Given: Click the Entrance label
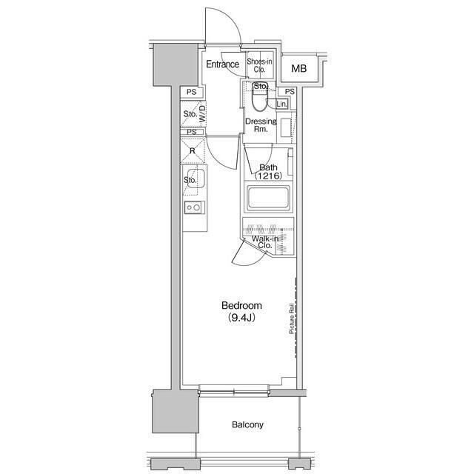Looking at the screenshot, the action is click(x=222, y=64).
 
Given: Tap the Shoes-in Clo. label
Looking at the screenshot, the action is click(x=259, y=65).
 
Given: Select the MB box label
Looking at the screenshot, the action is click(x=298, y=69).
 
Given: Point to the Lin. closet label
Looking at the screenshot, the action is click(x=281, y=104).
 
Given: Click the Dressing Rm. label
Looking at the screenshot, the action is click(x=261, y=125).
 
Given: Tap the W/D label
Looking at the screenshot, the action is click(x=202, y=114).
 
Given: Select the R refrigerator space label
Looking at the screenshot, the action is click(x=193, y=150).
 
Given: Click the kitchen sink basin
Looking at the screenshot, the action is click(x=196, y=178).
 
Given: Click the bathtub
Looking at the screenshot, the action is click(x=268, y=198).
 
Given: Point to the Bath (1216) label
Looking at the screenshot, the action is click(x=268, y=171).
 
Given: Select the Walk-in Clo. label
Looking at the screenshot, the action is click(x=265, y=242).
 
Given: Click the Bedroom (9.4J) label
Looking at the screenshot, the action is click(x=241, y=311).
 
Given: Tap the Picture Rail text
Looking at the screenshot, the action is click(x=292, y=318).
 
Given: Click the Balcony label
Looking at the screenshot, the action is click(x=247, y=424).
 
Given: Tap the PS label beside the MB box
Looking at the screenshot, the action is click(x=290, y=91).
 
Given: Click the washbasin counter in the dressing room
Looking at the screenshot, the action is click(x=286, y=127).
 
